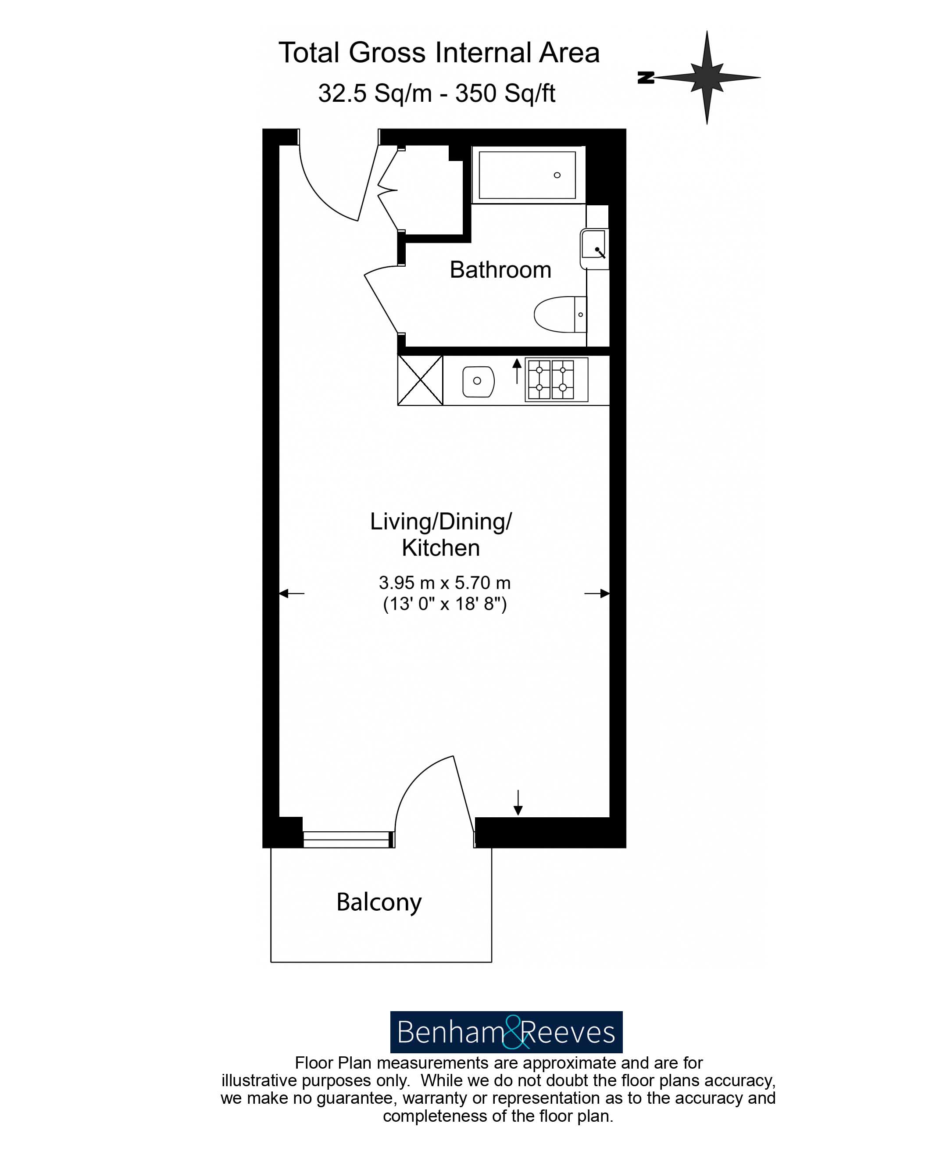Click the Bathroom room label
click(x=500, y=270)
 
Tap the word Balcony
click(x=379, y=902)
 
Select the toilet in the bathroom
click(x=560, y=314)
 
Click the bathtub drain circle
click(x=557, y=175)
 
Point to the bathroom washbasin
click(x=594, y=249)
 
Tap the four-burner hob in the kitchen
click(x=556, y=379)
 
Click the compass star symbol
click(x=707, y=78)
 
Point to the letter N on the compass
click(x=645, y=78)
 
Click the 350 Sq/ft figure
click(x=505, y=93)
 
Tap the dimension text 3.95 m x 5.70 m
click(x=444, y=583)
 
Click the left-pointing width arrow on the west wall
click(x=292, y=594)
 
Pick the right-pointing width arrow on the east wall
click(x=597, y=594)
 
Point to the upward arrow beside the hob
click(x=517, y=371)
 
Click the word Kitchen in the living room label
click(x=440, y=548)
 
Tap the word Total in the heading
click(x=310, y=53)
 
